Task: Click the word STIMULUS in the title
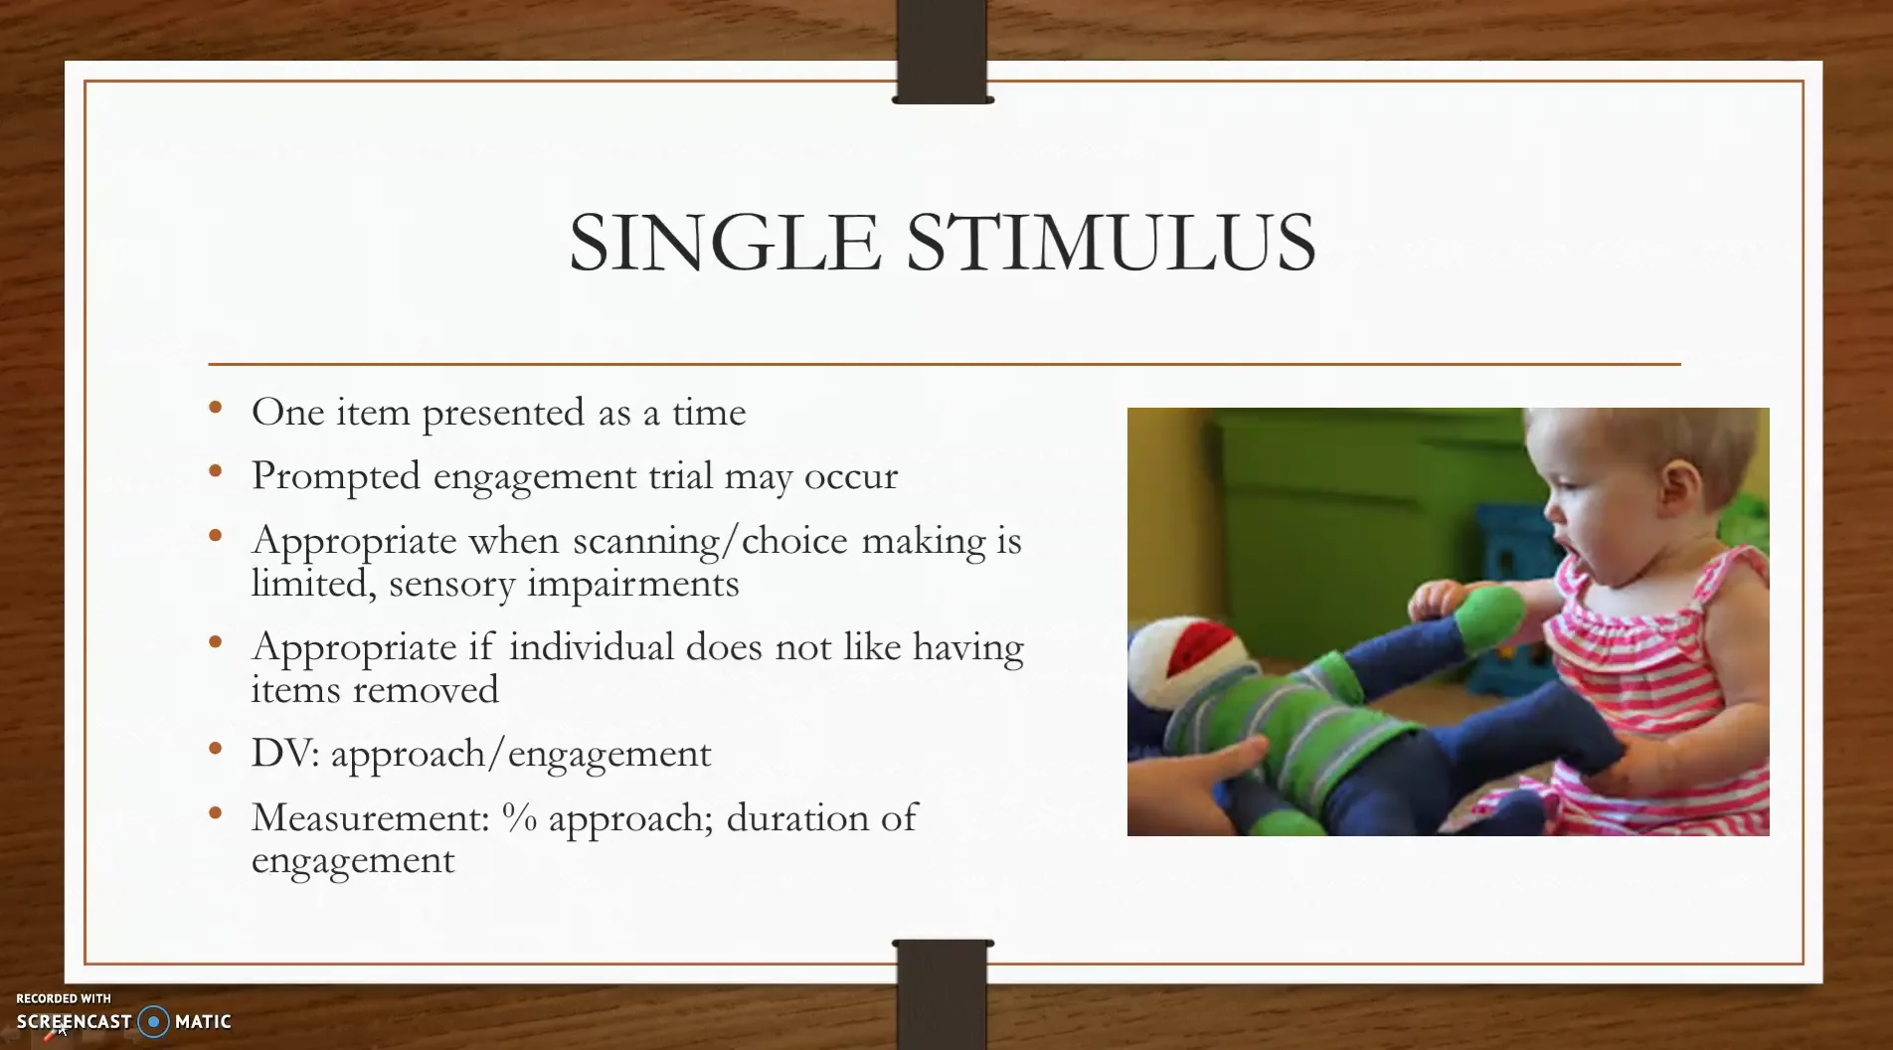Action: pos(1111,243)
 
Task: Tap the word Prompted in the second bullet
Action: pos(336,476)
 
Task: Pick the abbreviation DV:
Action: pos(285,754)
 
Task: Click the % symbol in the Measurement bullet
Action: pos(519,817)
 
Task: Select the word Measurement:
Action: pos(371,817)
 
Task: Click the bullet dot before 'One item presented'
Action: pos(216,406)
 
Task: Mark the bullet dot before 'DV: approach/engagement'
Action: pos(216,748)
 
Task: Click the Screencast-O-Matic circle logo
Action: pos(153,1021)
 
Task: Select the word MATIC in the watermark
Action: pos(203,1021)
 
